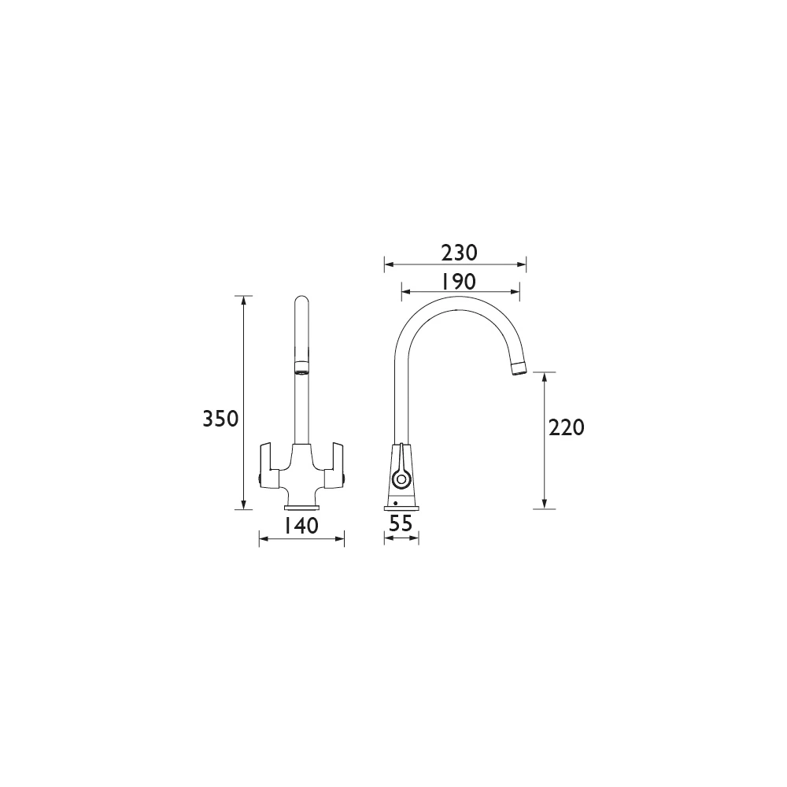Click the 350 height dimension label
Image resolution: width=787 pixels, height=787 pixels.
point(220,419)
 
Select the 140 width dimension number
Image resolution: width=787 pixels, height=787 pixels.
point(301,525)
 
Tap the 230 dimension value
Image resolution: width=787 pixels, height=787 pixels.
point(459,253)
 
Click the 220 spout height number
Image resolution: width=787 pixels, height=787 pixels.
point(567,428)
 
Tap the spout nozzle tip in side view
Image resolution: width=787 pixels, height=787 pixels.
point(517,368)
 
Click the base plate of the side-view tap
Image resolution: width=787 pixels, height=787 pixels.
point(401,504)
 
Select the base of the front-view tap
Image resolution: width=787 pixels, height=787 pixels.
point(301,502)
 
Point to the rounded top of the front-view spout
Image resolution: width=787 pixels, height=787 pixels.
point(301,300)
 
